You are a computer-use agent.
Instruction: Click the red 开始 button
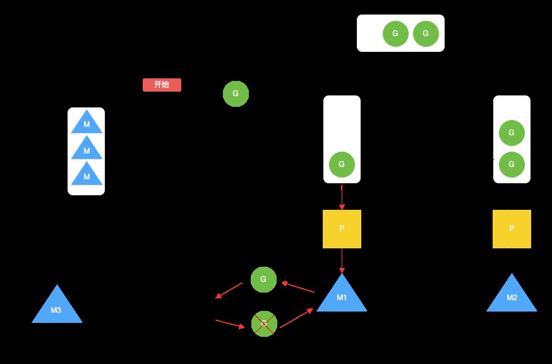162,85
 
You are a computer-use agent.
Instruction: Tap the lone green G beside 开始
236,94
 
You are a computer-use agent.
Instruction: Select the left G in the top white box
395,33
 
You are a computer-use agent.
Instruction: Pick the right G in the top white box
426,33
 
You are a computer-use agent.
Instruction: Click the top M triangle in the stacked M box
87,123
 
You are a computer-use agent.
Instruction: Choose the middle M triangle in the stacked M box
87,150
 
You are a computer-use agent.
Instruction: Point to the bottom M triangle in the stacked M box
87,176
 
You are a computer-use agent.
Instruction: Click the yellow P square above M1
342,229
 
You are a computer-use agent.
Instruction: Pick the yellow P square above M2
512,229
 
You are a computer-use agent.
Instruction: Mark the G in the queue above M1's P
342,164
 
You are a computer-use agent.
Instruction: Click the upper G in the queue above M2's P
512,133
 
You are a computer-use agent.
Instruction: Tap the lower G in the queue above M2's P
512,164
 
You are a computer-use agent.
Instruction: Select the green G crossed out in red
264,324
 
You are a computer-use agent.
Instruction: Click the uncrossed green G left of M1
263,279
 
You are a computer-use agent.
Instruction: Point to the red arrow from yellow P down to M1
342,260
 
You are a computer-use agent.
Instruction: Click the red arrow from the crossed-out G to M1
296,318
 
